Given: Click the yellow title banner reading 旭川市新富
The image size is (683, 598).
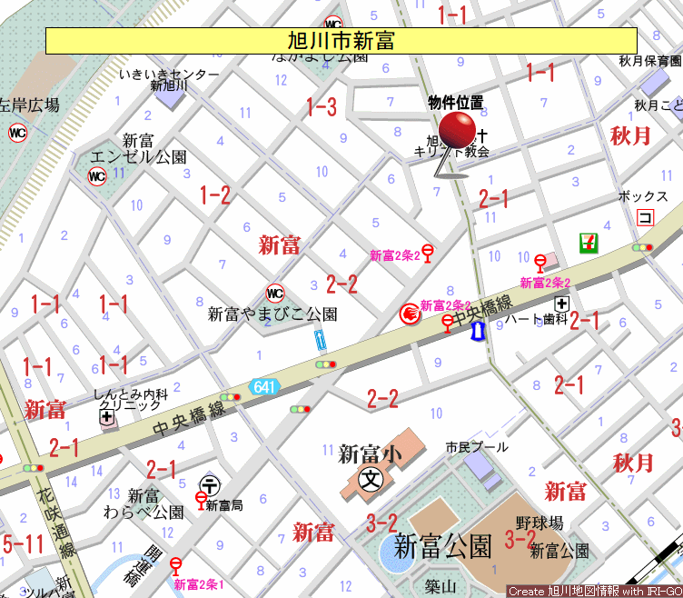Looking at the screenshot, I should (341, 41).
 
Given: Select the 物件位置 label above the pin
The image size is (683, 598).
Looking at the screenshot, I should (455, 103).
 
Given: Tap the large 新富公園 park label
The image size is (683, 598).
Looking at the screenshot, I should (443, 546).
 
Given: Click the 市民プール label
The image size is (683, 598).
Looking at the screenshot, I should (477, 447).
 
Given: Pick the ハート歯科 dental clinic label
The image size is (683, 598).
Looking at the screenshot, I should (536, 319).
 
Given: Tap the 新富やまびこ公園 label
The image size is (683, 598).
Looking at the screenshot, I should (272, 314).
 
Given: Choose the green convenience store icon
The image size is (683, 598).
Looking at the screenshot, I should (589, 243).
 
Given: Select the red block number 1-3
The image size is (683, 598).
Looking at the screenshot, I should (321, 107).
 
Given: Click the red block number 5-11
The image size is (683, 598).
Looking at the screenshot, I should (23, 544).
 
